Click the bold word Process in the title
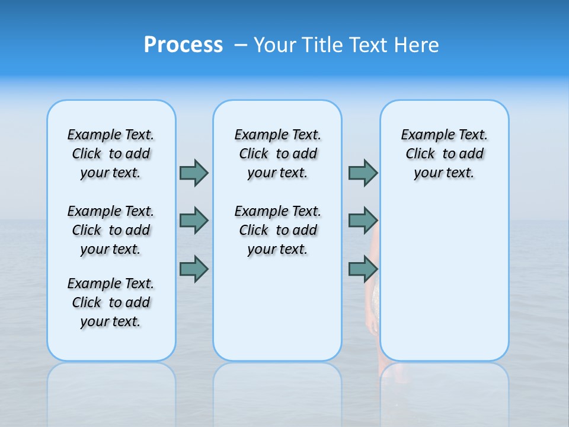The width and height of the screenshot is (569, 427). coord(183,45)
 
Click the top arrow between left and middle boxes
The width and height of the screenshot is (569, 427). coord(194,173)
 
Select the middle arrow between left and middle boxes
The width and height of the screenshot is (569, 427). coord(194,221)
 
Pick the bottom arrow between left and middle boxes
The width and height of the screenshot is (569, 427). coord(194,269)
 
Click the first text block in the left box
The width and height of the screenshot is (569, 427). coord(111,154)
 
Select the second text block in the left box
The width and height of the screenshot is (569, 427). coord(111,230)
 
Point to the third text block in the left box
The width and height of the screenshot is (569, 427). coord(111,302)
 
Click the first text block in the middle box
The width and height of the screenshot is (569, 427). coord(277,154)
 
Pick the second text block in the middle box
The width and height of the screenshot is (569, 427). coord(277,230)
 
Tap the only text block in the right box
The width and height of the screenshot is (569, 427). coord(445,154)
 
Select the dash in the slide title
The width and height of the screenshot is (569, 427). coord(241,45)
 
